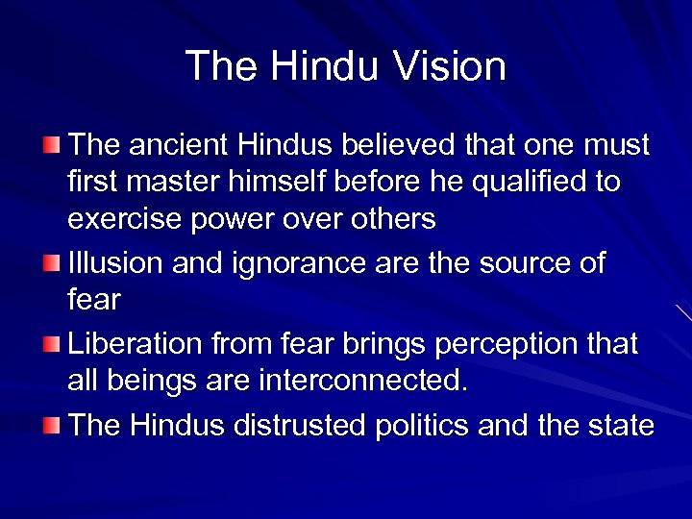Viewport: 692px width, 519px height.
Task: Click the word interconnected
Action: click(364, 382)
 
